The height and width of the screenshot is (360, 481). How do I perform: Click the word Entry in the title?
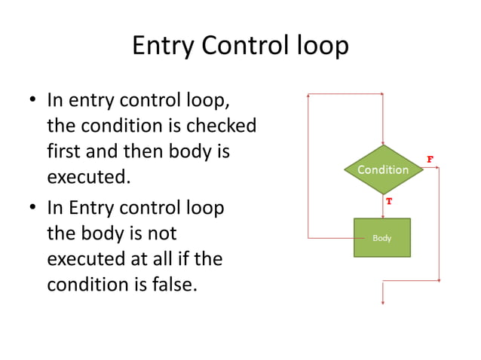pos(162,46)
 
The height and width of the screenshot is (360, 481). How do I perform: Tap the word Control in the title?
pos(244,46)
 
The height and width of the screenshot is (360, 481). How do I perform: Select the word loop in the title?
pos(321,46)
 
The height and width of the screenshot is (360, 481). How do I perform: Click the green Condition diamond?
pos(383,169)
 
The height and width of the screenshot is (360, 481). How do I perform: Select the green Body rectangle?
pos(382,237)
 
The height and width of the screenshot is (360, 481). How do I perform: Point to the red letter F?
pos(430,159)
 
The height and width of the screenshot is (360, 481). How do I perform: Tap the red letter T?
pos(389,202)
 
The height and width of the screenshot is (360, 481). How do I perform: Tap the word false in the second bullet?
pos(174,285)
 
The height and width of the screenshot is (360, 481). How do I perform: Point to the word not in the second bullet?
pos(161,233)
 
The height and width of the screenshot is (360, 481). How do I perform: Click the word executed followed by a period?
pos(87,178)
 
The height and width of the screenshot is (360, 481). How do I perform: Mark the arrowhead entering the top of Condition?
pos(383,143)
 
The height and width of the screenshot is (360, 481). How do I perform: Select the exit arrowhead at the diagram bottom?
pos(383,302)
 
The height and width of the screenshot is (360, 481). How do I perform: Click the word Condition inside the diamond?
pos(383,169)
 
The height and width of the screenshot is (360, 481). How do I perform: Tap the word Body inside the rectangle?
pos(382,238)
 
